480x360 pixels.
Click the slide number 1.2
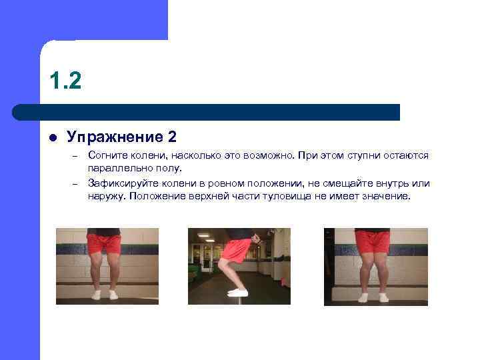tap(65, 81)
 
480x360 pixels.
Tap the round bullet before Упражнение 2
tap(53, 137)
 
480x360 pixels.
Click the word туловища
tap(301, 197)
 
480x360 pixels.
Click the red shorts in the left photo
tap(104, 243)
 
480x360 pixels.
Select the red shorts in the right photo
tap(372, 241)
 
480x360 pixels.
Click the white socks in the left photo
tap(105, 294)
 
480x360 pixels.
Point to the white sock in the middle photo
tap(238, 293)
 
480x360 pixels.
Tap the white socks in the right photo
tap(373, 297)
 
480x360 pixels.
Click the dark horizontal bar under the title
tap(207, 111)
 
